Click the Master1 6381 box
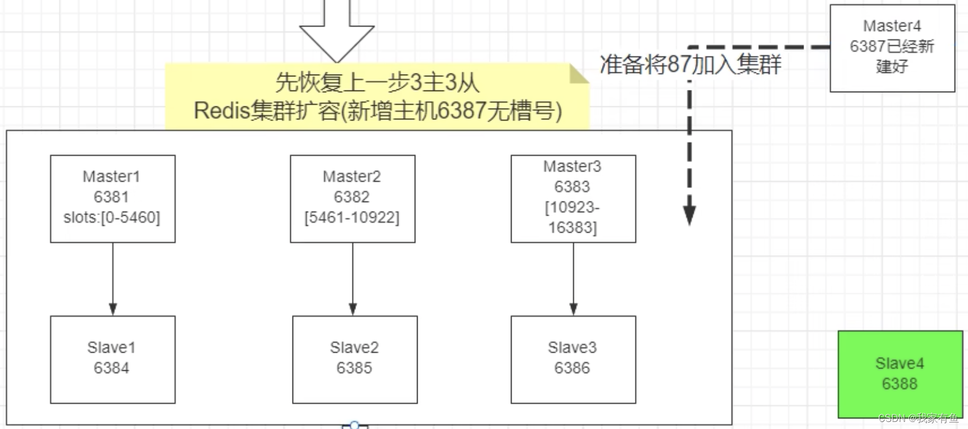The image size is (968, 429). [x=112, y=198]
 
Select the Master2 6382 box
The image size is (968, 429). [x=352, y=198]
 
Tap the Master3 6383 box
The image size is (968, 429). [x=573, y=198]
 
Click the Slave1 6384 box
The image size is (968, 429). [x=112, y=359]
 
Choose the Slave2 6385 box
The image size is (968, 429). [x=355, y=359]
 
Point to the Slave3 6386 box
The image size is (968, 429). [x=573, y=359]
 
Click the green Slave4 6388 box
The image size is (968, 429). [x=899, y=374]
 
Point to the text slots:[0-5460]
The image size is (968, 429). [x=112, y=217]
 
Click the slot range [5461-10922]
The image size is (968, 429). [x=352, y=217]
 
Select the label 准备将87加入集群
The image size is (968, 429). [x=690, y=64]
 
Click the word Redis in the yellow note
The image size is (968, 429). [x=222, y=110]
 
